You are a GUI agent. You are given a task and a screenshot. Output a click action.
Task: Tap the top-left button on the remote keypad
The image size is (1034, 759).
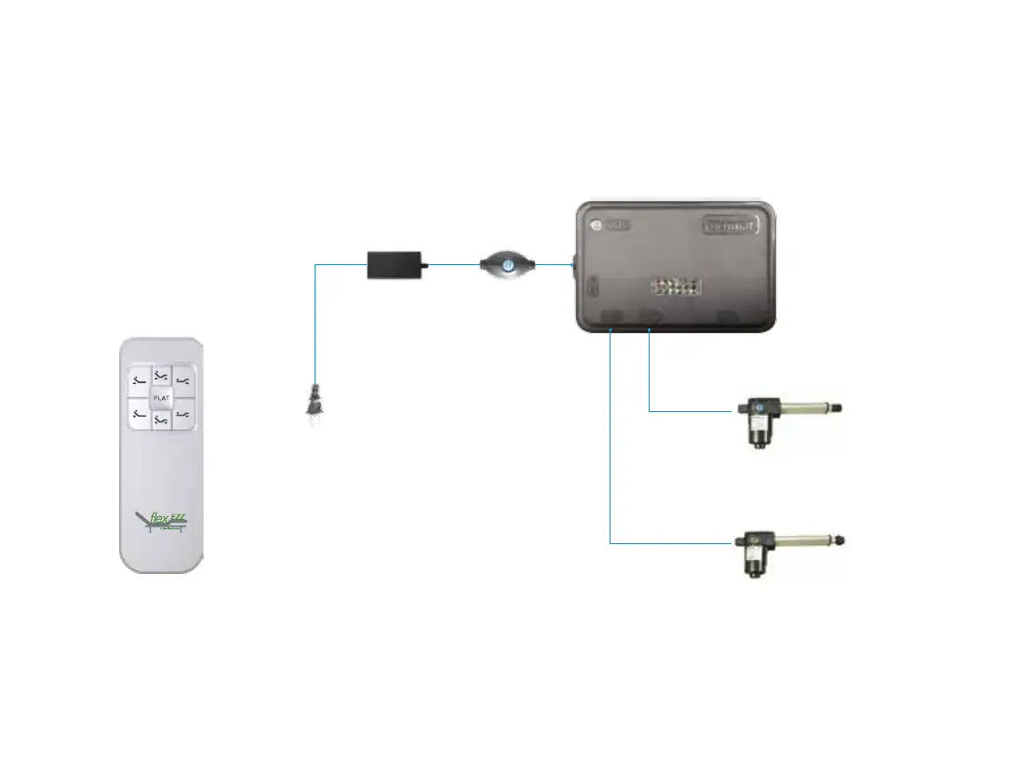(139, 379)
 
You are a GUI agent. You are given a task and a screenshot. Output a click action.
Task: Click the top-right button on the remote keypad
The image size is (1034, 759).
(183, 379)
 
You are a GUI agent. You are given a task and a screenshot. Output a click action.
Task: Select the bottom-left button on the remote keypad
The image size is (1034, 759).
(139, 414)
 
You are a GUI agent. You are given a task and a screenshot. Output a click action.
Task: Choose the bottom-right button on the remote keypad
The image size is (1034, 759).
(183, 414)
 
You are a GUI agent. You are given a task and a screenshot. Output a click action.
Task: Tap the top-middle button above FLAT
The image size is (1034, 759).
(161, 375)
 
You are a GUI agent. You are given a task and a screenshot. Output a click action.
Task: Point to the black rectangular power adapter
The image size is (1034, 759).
(395, 264)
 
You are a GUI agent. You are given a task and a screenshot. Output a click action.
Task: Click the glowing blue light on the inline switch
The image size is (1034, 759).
(507, 265)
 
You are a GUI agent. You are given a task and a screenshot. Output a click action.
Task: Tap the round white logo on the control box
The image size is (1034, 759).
(596, 225)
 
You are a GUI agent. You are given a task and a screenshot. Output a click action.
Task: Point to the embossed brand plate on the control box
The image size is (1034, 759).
(732, 225)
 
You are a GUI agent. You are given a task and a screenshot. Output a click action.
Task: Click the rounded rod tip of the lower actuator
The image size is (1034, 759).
(841, 539)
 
